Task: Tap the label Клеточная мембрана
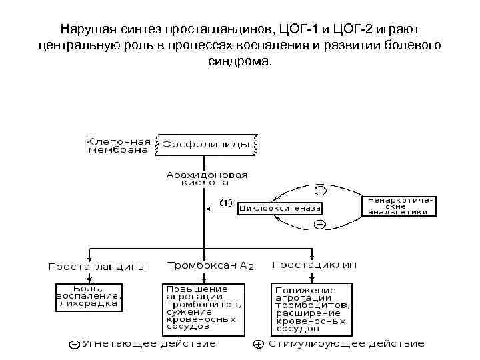118,145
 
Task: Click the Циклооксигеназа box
280,208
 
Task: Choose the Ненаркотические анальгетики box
399,205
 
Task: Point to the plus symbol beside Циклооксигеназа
227,203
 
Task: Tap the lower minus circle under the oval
320,225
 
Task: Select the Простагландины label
96,266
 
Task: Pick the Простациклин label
315,265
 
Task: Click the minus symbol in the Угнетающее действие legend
74,345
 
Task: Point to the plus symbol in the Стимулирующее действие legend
258,345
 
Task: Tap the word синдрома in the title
239,61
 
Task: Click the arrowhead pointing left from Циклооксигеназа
209,208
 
